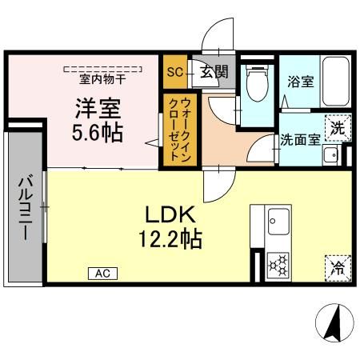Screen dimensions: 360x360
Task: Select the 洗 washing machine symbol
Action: [x=338, y=129]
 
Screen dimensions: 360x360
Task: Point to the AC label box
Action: [x=102, y=274]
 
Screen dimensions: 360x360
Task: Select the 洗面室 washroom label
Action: [x=300, y=138]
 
